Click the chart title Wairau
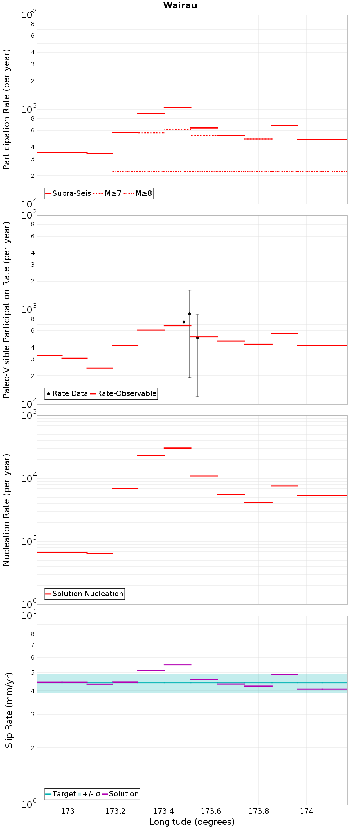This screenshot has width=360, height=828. pos(180,5)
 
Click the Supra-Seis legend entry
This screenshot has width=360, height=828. pos(68,193)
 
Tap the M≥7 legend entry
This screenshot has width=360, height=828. pos(107,193)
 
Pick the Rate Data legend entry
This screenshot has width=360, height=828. pos(67,393)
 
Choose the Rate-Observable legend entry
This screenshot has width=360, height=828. pos(123,393)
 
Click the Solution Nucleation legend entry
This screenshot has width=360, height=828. pos(85,594)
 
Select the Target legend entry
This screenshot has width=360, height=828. pos(61,794)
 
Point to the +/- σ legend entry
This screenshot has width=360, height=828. pos(89,794)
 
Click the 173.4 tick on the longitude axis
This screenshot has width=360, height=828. pos(163,811)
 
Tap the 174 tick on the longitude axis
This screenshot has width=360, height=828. pos(306,811)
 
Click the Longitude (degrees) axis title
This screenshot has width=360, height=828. pos(192,822)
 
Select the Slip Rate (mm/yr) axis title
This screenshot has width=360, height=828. pos(9,710)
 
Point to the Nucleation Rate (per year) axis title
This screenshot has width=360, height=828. pos(7,510)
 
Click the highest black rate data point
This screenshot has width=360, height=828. pos(189,314)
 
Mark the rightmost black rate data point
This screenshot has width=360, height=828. pos(197,338)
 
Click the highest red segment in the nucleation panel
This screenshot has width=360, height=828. pos(177,448)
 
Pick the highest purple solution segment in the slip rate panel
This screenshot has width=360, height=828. pos(177,665)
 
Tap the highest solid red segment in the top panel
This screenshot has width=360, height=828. pos(177,107)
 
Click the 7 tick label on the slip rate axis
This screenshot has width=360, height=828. pos(33,645)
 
